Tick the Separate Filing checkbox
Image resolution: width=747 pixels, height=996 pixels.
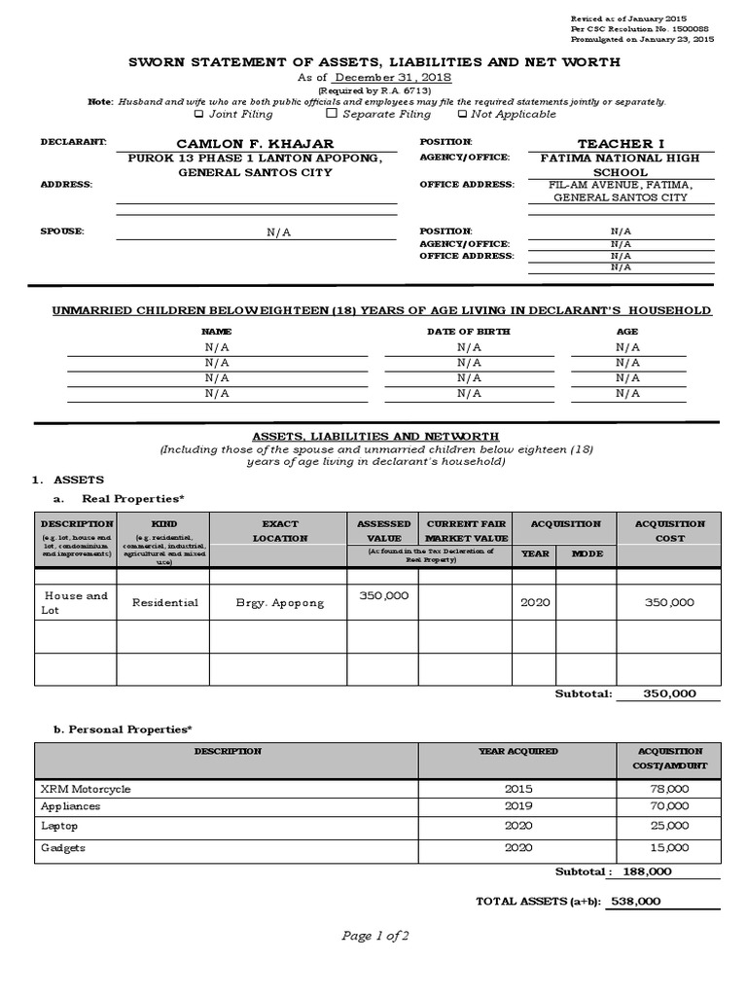pos(332,115)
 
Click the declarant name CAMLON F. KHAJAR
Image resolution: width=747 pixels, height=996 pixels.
pos(255,144)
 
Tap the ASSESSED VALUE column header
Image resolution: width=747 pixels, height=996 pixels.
pos(384,530)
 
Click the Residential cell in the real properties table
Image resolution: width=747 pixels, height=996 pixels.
pos(164,603)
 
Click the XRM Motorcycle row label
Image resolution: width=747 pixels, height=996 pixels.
pos(86,789)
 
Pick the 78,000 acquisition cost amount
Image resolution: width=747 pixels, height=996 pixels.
pos(669,789)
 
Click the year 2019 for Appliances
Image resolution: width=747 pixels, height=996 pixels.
pos(518,806)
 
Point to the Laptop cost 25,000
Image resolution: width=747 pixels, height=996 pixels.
pos(669,826)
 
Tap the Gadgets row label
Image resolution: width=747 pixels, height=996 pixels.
pos(63,848)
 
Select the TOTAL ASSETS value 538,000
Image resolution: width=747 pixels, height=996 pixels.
pos(635,902)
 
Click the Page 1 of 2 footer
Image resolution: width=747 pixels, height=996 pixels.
pos(374,937)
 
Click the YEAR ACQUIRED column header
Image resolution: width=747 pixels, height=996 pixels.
pos(517,752)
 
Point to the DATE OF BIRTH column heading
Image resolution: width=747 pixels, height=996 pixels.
pos(468,332)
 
